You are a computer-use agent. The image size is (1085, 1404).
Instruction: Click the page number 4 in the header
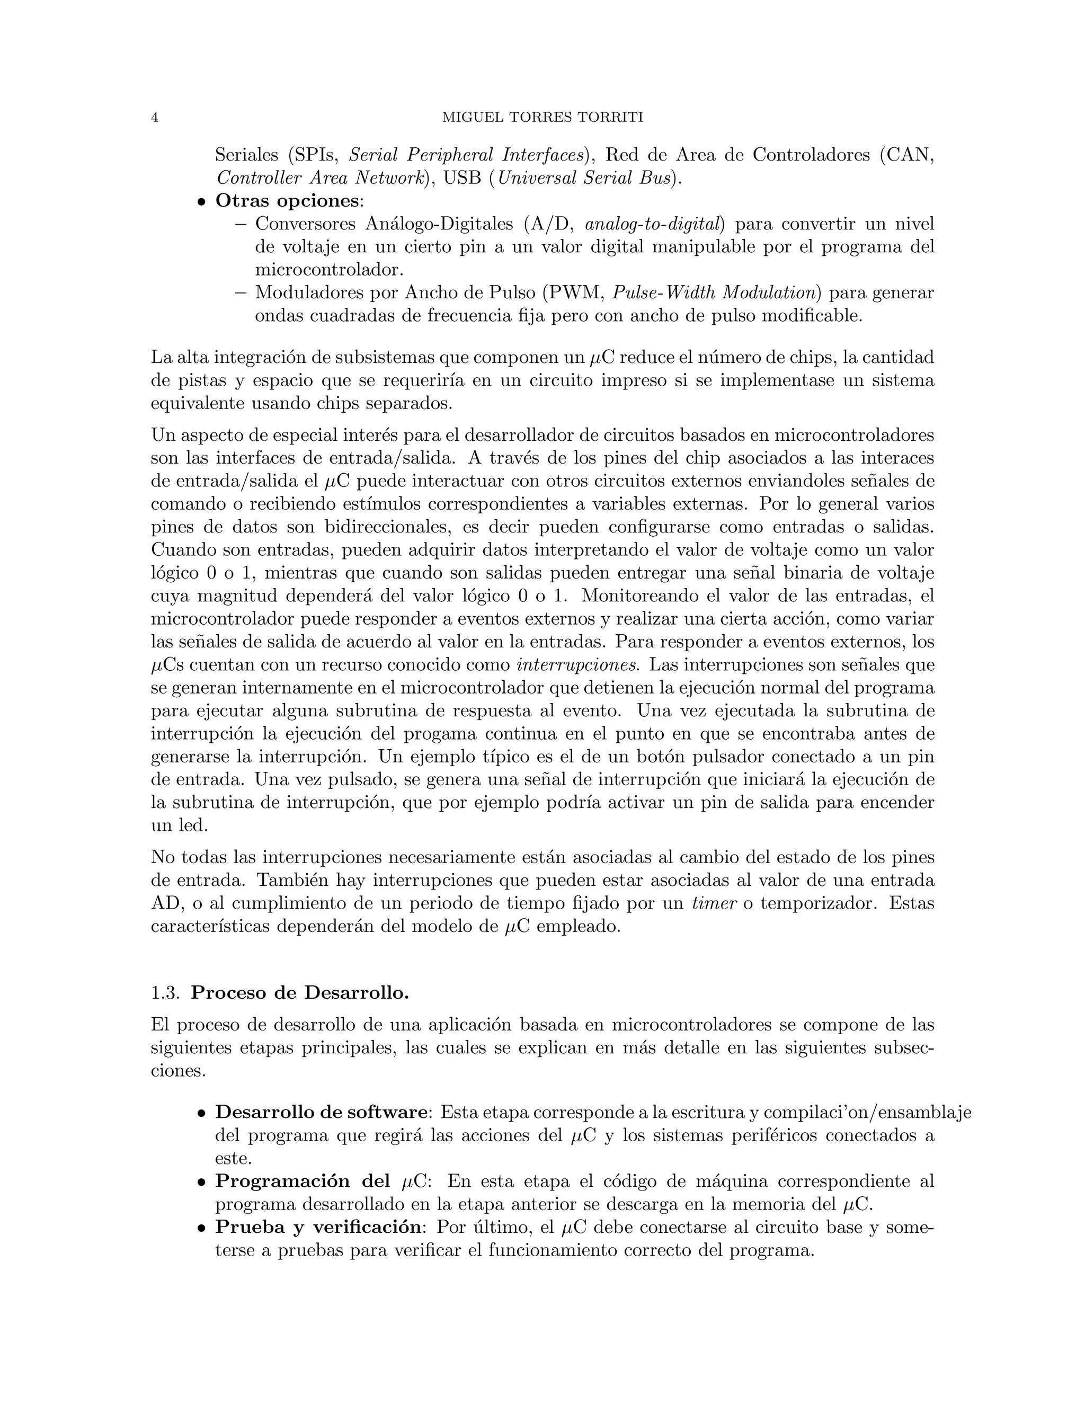154,118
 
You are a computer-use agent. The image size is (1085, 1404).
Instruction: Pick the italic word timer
714,903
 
